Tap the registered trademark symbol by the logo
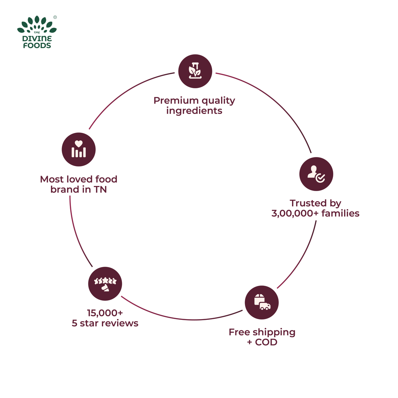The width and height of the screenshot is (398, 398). [x=55, y=17]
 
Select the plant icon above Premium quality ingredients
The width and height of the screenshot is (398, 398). [x=195, y=71]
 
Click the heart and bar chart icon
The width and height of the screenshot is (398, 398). [x=79, y=149]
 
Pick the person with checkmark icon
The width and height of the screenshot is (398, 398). [x=316, y=174]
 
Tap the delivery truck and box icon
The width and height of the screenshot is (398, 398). [x=262, y=302]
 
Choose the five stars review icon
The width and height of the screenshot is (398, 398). [x=105, y=283]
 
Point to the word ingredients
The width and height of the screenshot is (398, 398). [x=194, y=111]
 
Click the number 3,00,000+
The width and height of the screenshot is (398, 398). [x=295, y=213]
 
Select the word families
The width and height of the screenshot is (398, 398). [x=340, y=213]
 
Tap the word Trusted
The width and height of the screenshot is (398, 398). [x=303, y=203]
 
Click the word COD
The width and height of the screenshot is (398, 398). [x=266, y=342]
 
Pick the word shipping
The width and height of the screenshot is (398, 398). [x=274, y=333]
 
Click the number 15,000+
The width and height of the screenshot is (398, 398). [x=105, y=313]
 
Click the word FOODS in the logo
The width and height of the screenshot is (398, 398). [x=37, y=46]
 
